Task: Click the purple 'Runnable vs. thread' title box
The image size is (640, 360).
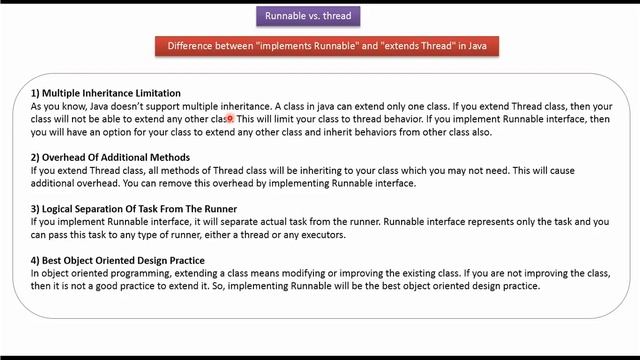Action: (x=307, y=16)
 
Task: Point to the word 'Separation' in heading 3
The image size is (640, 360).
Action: (x=109, y=209)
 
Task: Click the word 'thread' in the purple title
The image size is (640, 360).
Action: (x=337, y=16)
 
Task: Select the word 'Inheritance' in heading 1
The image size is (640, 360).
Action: (x=104, y=93)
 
